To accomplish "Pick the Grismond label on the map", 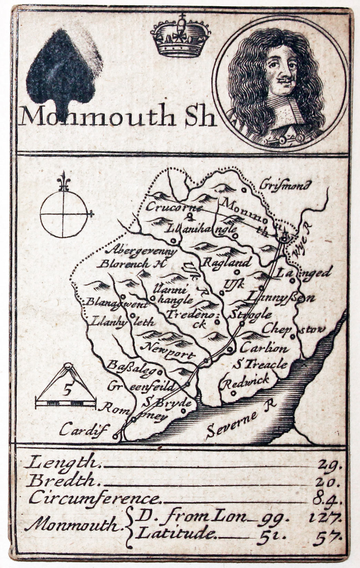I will click(286, 185).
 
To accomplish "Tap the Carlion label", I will click(263, 348).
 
